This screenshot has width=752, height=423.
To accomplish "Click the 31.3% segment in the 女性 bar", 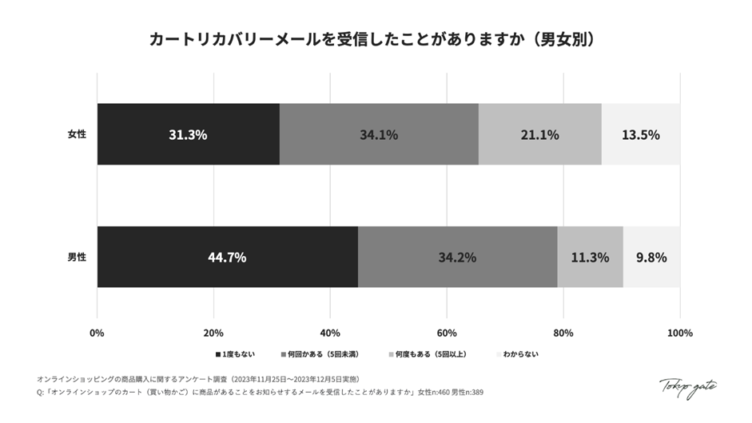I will [x=188, y=134].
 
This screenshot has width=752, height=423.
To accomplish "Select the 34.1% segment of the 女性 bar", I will [x=379, y=134].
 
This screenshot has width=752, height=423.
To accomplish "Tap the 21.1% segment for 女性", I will [x=539, y=134].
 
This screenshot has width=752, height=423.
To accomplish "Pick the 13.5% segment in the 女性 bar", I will [x=641, y=134].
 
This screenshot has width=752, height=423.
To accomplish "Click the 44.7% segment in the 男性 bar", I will [x=227, y=257].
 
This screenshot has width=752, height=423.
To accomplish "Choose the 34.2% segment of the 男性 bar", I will [x=457, y=257].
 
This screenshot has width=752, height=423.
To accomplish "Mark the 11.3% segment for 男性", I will [x=590, y=257].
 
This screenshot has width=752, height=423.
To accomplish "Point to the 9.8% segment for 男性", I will [x=651, y=257].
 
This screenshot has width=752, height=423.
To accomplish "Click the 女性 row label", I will [x=77, y=134].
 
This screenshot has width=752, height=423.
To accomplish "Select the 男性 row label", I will [x=77, y=257].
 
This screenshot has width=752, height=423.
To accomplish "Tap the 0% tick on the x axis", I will [x=97, y=333].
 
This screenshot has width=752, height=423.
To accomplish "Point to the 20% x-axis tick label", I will [x=213, y=333].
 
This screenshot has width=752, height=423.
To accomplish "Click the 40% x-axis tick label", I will [x=330, y=333].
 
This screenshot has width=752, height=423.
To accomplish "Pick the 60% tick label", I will [x=447, y=333].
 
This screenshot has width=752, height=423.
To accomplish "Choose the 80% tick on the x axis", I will [x=563, y=333].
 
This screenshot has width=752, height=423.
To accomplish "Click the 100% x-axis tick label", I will [x=680, y=333].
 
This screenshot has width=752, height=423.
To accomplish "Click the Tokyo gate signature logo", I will [x=687, y=387].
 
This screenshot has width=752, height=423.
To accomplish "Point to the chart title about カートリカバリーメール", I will [x=376, y=39].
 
